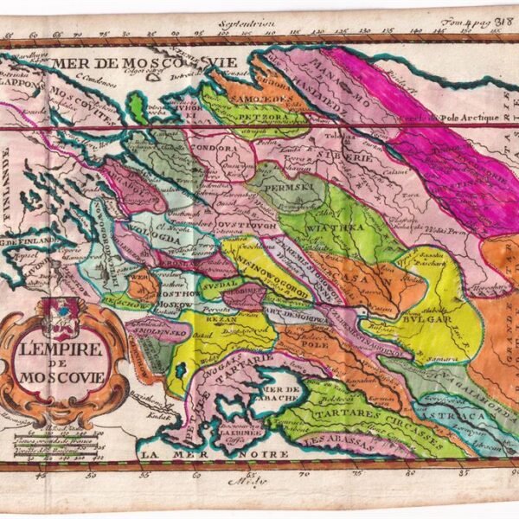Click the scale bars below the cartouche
[65, 432]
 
